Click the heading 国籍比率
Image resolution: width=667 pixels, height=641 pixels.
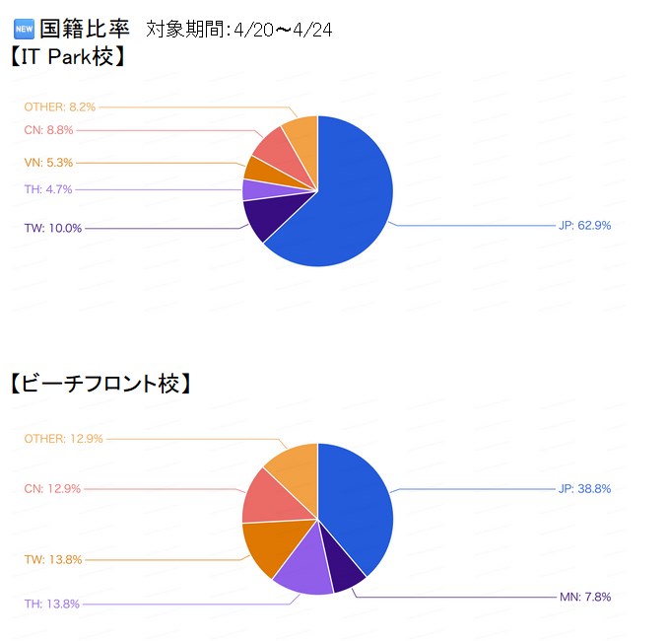[x=85, y=29]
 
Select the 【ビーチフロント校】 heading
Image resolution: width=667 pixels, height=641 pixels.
[x=100, y=384]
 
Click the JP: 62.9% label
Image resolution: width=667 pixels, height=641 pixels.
[x=584, y=225]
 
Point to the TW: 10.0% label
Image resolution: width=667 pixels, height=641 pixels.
[x=53, y=228]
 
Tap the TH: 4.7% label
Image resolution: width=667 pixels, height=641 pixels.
[x=48, y=189]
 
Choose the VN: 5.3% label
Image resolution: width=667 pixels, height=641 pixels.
[x=48, y=163]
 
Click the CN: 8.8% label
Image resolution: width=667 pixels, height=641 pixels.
[x=48, y=130]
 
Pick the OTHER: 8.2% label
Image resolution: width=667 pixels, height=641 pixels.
[x=60, y=106]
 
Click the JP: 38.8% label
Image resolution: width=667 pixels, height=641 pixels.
[x=584, y=488]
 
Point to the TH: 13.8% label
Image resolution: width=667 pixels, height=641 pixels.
[x=52, y=604]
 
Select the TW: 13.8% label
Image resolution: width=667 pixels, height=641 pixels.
[x=53, y=559]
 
